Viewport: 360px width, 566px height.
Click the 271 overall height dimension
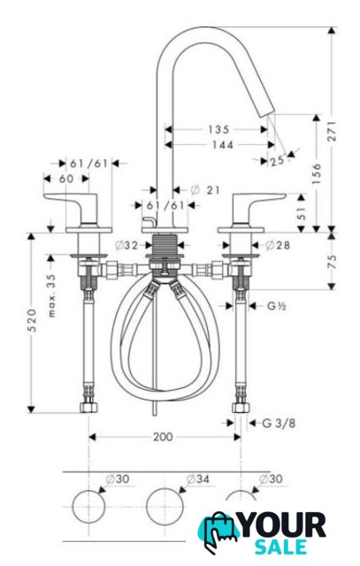(x=333, y=131)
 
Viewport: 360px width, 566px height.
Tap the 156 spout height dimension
(x=317, y=173)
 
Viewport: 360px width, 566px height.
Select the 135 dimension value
(x=218, y=129)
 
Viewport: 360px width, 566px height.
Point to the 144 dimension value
(x=222, y=145)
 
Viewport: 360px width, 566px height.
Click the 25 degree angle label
(x=277, y=161)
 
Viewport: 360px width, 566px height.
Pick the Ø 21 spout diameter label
(x=204, y=189)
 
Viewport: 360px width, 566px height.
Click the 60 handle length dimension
(x=66, y=179)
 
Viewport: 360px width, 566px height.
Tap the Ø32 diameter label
(x=126, y=245)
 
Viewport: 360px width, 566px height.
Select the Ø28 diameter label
(x=278, y=245)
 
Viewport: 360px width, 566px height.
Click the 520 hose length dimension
(x=32, y=320)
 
